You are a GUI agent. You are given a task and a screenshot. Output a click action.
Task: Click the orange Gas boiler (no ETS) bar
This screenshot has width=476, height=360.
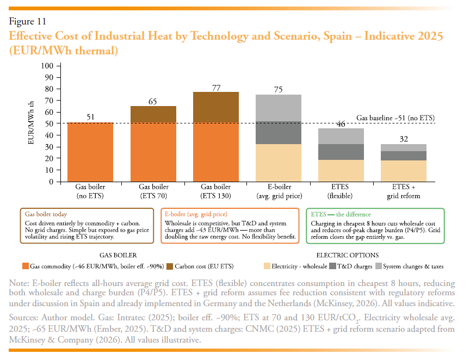pos(90,152)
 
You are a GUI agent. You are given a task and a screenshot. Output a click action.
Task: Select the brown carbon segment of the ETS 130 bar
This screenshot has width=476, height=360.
pos(216,107)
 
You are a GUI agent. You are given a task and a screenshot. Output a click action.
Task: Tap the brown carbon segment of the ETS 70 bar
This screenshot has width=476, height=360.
pos(153,114)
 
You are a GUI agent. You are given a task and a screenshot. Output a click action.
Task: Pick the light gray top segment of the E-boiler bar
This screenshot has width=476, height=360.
pos(279,108)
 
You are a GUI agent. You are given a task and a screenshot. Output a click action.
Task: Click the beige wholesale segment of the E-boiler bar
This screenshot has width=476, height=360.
pos(279,163)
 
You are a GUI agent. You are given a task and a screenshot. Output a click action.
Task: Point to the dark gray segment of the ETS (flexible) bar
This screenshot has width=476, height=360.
pos(341,152)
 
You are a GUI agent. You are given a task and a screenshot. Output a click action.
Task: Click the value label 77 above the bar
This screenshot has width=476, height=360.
pos(216,88)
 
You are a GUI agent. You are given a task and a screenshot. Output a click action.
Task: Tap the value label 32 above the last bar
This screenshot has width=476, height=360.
pos(404,139)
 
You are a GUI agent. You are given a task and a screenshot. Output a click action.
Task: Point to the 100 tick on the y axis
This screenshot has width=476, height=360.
pos(47,66)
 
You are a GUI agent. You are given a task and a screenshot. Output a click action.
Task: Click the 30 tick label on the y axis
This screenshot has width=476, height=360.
pos(49,147)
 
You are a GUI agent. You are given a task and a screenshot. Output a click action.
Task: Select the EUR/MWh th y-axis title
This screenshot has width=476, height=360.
pos(30,123)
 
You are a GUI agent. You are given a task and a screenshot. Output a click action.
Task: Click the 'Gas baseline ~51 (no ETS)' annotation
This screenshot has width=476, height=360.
pos(395,118)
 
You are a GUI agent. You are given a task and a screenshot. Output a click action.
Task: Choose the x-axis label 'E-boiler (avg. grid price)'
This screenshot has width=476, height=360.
pos(279,191)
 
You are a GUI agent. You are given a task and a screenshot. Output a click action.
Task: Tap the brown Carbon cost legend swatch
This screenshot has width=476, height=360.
pos(170,266)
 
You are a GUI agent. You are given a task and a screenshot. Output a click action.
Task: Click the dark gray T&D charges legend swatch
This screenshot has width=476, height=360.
pos(332,266)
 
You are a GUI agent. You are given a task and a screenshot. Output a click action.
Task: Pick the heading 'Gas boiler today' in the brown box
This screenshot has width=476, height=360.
pos(46,214)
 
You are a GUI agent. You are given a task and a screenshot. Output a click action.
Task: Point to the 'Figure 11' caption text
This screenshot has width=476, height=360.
pos(28,21)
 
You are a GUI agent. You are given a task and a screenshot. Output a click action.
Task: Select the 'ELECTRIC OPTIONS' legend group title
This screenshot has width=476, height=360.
pos(347,255)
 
